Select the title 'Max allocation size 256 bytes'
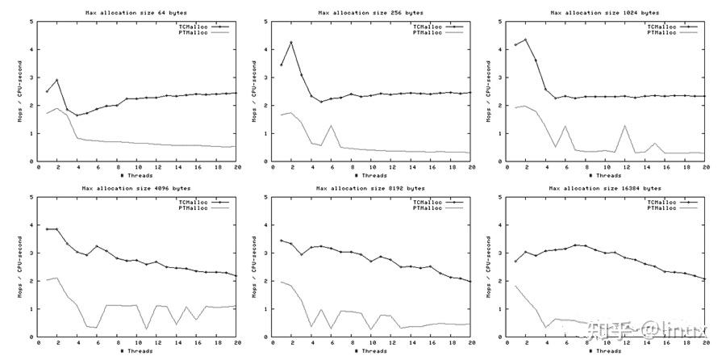click(369, 13)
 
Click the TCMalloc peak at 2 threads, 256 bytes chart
click(291, 42)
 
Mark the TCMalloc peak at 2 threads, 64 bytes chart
click(56, 80)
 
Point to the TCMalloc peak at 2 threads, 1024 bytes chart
click(526, 40)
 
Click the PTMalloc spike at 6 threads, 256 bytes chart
click(331, 126)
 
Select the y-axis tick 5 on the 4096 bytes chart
click(31, 196)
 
